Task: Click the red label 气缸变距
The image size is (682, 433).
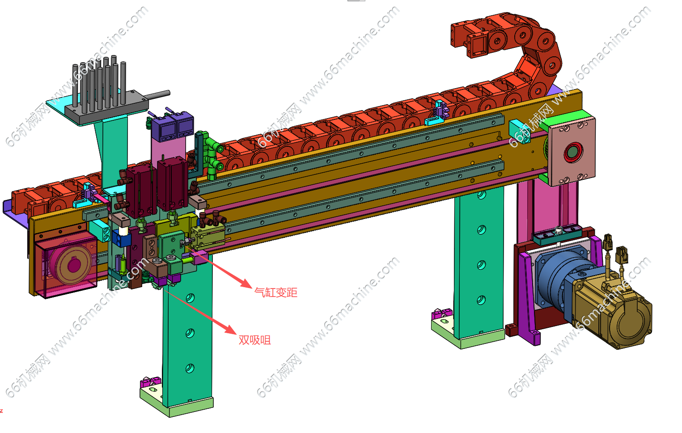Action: (x=276, y=293)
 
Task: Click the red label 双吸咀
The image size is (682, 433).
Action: (x=255, y=340)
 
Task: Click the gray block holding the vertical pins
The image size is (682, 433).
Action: (x=106, y=106)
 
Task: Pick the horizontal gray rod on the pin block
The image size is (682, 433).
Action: (x=157, y=94)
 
